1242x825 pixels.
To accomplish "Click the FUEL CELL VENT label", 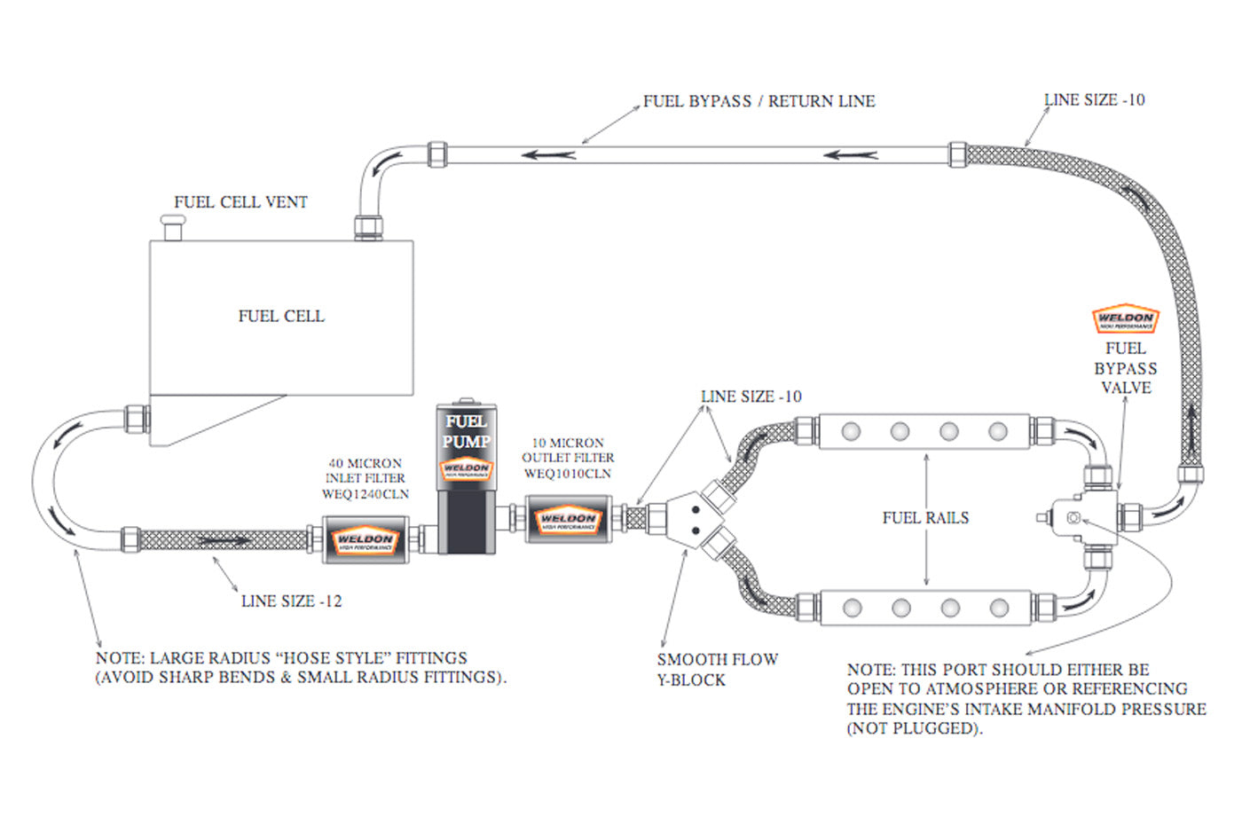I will point(240,202).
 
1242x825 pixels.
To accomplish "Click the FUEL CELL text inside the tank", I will point(281,316).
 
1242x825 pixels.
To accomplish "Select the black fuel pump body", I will point(466,523).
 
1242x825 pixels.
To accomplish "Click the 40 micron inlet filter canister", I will point(365,538).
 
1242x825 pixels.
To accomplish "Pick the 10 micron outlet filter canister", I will point(568,519).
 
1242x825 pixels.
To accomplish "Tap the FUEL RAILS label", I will point(925,518).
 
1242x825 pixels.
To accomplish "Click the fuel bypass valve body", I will point(1084,517).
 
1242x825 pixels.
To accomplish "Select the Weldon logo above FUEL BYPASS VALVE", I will point(1125,319).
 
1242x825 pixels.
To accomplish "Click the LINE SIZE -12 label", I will point(291,601).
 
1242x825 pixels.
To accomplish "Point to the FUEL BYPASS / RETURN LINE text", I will point(759,101).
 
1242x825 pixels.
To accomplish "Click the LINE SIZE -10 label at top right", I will point(1094,100).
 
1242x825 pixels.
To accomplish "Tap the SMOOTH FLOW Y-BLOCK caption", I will point(717,670).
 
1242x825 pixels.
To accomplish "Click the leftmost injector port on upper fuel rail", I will point(851,432).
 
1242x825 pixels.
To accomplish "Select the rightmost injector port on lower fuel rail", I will point(999,608).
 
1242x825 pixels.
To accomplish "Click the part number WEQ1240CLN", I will point(366,494).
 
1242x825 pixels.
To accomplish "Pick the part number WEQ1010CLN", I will point(568,474).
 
